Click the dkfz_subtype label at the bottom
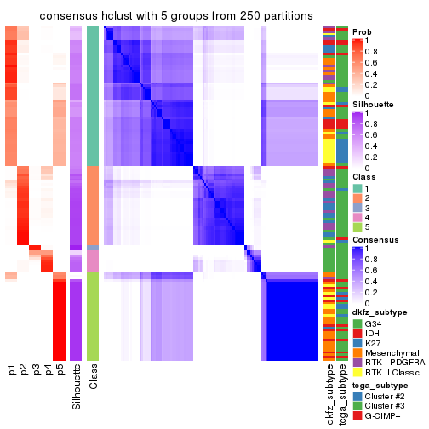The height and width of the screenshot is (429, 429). pyautogui.click(x=329, y=394)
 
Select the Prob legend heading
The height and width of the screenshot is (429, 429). pyautogui.click(x=362, y=31)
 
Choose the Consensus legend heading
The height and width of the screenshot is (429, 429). pyautogui.click(x=371, y=240)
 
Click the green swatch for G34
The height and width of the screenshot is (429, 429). pyautogui.click(x=357, y=324)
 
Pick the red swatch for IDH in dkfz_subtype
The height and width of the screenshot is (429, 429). pyautogui.click(x=357, y=336)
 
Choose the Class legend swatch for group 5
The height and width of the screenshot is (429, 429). pyautogui.click(x=357, y=228)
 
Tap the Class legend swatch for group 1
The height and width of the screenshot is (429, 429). pyautogui.click(x=357, y=187)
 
